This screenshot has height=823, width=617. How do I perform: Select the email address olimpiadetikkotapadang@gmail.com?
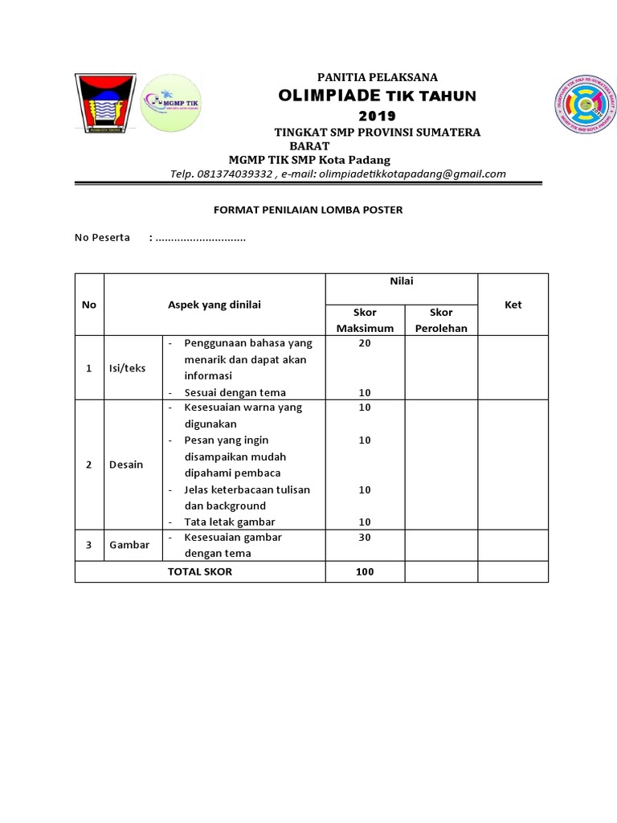tap(411, 174)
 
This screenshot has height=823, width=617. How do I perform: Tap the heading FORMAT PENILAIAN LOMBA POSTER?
tap(308, 210)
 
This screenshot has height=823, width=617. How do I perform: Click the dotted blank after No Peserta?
tap(201, 239)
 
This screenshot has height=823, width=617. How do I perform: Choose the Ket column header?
tap(513, 305)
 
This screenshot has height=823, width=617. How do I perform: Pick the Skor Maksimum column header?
tap(365, 320)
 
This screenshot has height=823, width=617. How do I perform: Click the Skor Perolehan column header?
tap(441, 320)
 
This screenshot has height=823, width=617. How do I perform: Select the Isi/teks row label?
tap(128, 368)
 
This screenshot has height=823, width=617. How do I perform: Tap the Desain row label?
tap(126, 465)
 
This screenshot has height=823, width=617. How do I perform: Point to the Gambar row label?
tap(129, 544)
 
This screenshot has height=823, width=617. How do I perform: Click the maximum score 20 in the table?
tap(365, 343)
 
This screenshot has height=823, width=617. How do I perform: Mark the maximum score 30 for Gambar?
tap(365, 537)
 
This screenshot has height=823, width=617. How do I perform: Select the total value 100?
tap(365, 571)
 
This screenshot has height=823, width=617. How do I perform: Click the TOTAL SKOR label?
tap(199, 571)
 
